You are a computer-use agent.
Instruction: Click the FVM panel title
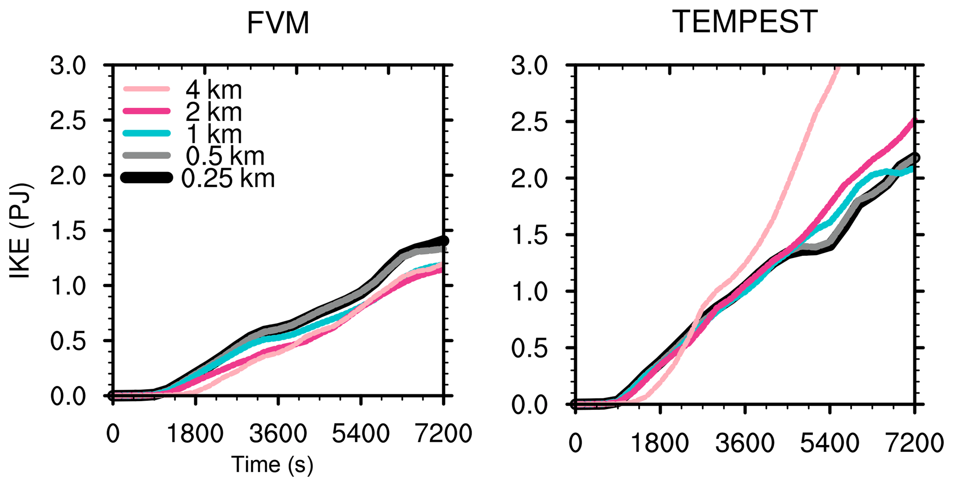278,23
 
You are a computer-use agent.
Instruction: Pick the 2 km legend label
213,112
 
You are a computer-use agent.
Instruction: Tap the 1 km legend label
213,134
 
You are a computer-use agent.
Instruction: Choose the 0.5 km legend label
225,156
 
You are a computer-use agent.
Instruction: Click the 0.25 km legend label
228,178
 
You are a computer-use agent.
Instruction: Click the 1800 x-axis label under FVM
195,434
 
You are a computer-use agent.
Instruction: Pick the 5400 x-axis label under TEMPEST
829,444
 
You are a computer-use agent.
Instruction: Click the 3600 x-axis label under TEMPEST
745,444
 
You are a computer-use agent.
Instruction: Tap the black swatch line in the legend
147,178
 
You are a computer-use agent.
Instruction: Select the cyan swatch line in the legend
147,134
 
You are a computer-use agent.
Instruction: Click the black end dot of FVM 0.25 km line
444,241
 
